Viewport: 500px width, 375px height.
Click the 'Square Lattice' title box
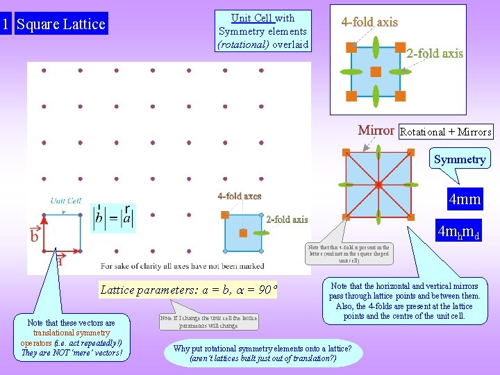click(x=61, y=24)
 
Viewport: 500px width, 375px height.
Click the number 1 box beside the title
click(x=6, y=24)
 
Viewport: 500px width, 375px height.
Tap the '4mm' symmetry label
click(x=465, y=200)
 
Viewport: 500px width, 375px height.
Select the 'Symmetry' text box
click(x=460, y=159)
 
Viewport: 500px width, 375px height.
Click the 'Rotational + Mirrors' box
click(x=446, y=131)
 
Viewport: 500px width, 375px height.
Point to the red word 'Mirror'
click(x=376, y=130)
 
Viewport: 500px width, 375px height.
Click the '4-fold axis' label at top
click(x=369, y=22)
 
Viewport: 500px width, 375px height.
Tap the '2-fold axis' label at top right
click(x=435, y=53)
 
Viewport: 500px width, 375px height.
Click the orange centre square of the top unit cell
click(x=376, y=72)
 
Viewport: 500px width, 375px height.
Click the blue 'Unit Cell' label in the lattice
click(x=66, y=201)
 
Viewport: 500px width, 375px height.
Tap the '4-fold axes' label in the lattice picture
click(x=240, y=196)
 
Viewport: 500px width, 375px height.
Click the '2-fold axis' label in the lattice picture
click(x=287, y=219)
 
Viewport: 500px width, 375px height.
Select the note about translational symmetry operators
click(x=71, y=337)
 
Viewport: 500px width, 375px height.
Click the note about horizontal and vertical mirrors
click(x=403, y=301)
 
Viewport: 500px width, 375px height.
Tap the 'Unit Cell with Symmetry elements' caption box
click(x=262, y=31)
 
